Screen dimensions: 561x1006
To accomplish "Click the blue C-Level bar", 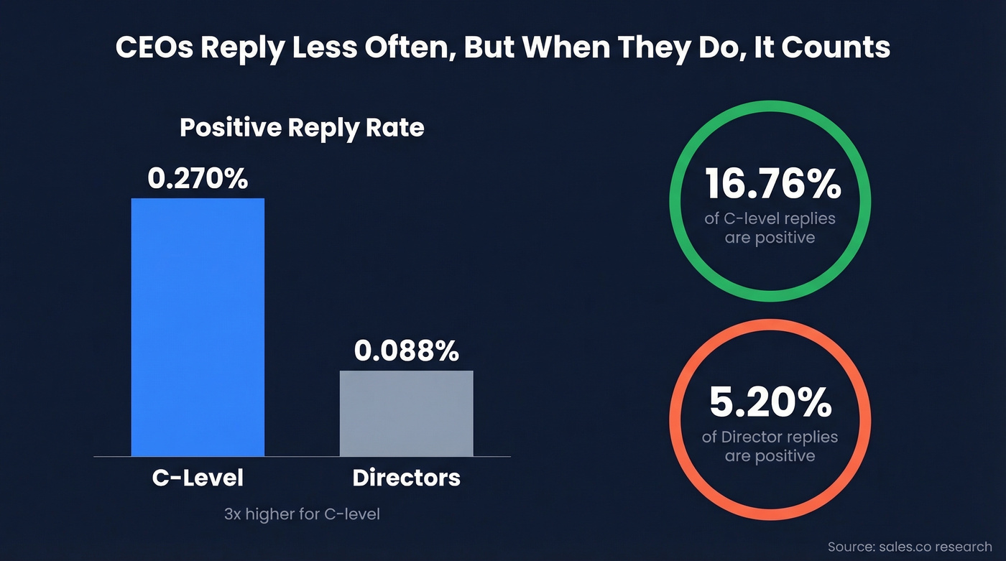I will pos(198,327).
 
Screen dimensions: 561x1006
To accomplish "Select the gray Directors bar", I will pos(406,413).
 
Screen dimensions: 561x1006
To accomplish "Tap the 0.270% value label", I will pos(198,178).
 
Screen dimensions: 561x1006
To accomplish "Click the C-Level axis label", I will pos(198,478).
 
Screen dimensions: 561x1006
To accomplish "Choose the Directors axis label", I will pos(406,478).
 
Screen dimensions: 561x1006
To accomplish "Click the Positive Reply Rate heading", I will pos(302,128).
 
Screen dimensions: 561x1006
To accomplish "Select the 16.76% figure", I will pos(772,185).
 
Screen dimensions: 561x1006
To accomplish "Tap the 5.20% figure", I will pos(770,403).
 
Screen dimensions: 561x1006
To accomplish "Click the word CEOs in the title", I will pos(154,47).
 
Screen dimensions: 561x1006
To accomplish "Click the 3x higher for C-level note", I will pos(302,514).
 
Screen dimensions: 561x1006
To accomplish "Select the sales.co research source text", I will pos(909,547).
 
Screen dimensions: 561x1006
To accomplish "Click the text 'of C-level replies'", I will pos(770,218).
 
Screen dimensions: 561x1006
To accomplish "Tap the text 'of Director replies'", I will pos(770,437).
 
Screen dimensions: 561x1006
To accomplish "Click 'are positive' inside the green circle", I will pos(770,237).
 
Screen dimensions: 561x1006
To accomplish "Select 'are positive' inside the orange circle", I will pos(770,455).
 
